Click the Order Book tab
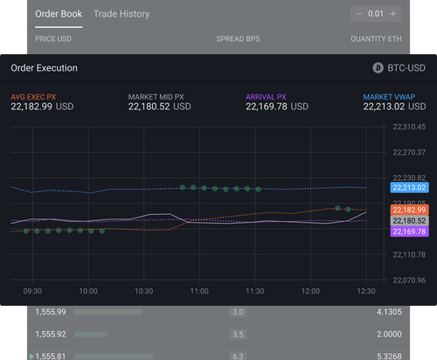[59, 14]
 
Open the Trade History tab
[121, 14]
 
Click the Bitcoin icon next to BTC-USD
[378, 67]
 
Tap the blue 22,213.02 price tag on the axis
[408, 187]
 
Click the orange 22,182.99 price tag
[408, 210]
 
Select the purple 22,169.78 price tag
[408, 232]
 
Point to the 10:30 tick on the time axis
[143, 291]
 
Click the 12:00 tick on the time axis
[310, 291]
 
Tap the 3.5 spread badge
[237, 334]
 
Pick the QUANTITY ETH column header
[376, 39]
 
